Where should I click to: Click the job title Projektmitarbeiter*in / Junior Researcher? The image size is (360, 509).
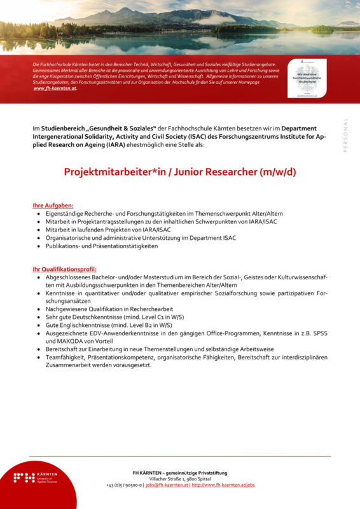[180, 172]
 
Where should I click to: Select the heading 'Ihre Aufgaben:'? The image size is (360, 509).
[53, 206]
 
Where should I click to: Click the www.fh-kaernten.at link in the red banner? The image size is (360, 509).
[55, 88]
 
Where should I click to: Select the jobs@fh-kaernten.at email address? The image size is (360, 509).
[167, 485]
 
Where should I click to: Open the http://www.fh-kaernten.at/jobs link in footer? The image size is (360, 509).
[223, 485]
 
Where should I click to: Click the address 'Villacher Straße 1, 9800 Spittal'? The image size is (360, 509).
[180, 478]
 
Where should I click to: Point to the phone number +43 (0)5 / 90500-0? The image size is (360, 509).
[124, 485]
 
